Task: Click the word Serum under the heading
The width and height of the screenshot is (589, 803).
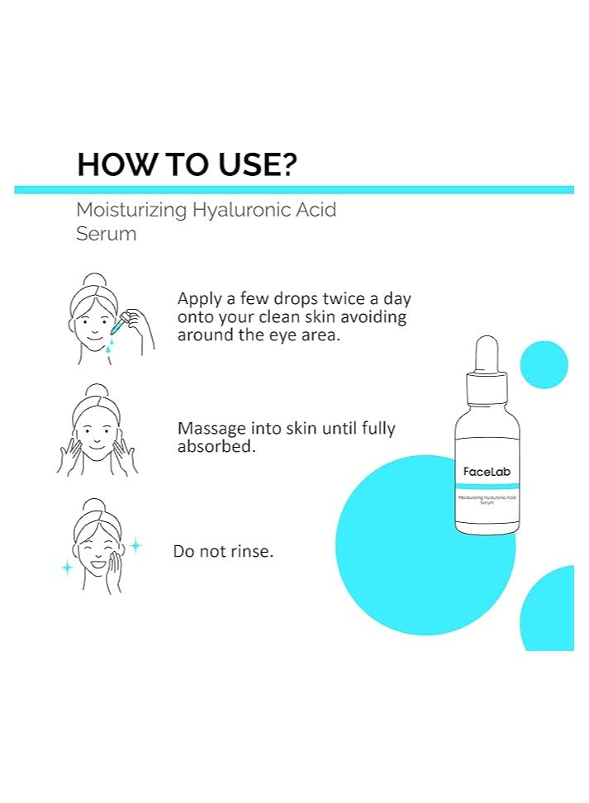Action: [106, 234]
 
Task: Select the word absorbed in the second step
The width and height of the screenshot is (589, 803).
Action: [216, 447]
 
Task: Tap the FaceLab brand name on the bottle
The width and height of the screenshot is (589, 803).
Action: [487, 472]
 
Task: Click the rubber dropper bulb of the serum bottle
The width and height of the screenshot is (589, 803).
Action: [487, 354]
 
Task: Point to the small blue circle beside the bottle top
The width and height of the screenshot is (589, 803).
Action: [544, 364]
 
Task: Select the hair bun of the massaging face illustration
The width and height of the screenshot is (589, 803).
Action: [97, 392]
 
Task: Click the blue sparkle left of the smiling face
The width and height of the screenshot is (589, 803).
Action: [67, 568]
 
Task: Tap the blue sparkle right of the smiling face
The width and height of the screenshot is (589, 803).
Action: [135, 546]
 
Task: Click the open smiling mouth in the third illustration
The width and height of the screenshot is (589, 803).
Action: [97, 564]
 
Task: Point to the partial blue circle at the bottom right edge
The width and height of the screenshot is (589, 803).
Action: [547, 608]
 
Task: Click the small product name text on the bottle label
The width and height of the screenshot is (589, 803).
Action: [487, 500]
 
